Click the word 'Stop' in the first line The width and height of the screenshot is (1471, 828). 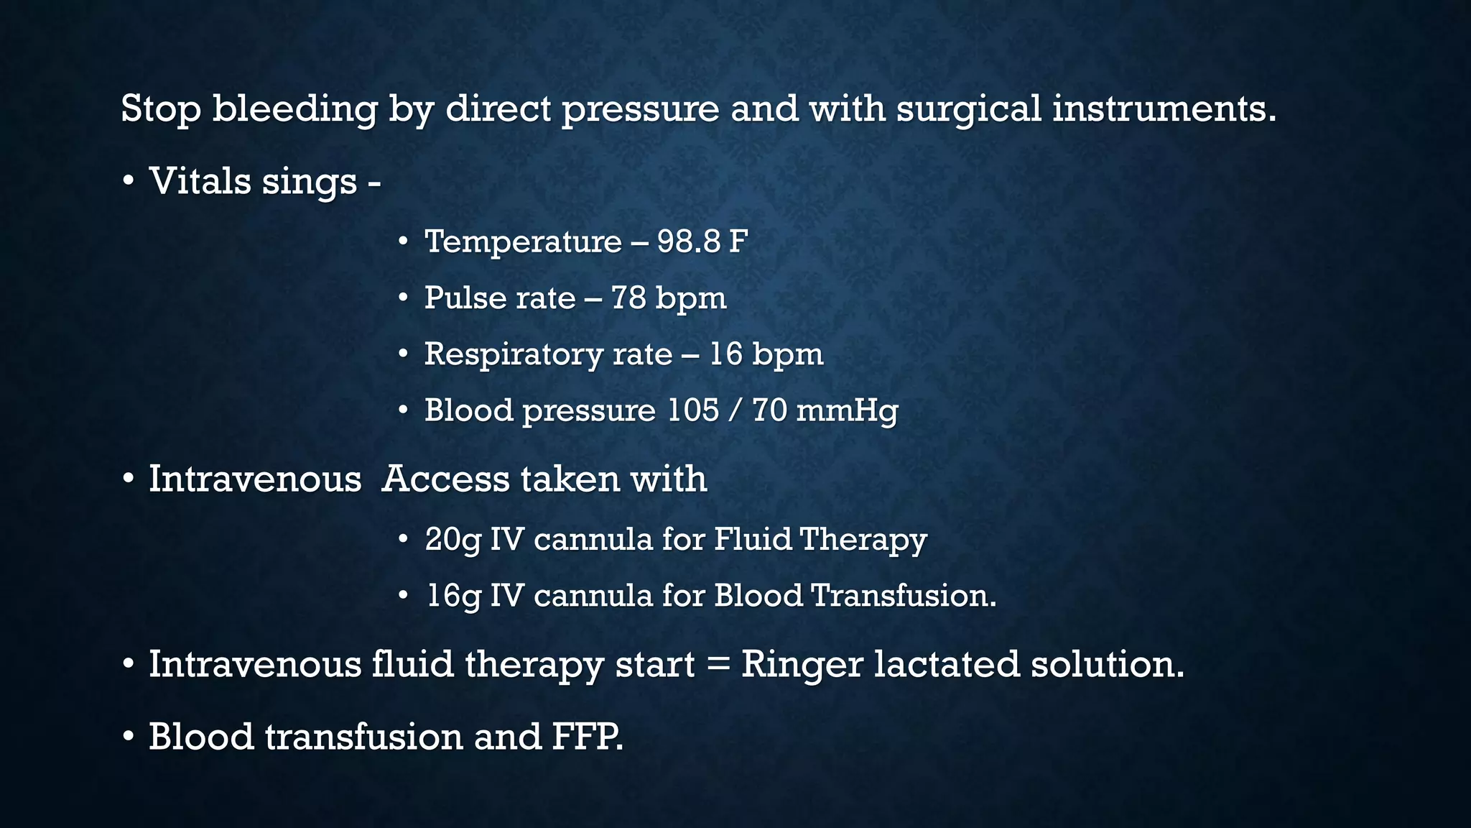click(160, 110)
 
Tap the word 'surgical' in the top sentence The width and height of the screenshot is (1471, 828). click(968, 110)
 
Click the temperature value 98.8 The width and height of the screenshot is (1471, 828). click(688, 241)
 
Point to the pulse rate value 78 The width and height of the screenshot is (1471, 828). click(628, 298)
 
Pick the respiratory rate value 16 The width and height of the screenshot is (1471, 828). click(725, 354)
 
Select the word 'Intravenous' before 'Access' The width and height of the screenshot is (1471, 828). click(255, 479)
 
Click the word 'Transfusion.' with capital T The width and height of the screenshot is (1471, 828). click(904, 596)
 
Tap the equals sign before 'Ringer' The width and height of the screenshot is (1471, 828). click(718, 665)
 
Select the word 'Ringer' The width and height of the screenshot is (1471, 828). click(802, 665)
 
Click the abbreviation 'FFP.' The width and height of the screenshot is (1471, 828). click(588, 737)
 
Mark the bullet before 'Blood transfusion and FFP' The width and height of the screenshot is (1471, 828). click(128, 737)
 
